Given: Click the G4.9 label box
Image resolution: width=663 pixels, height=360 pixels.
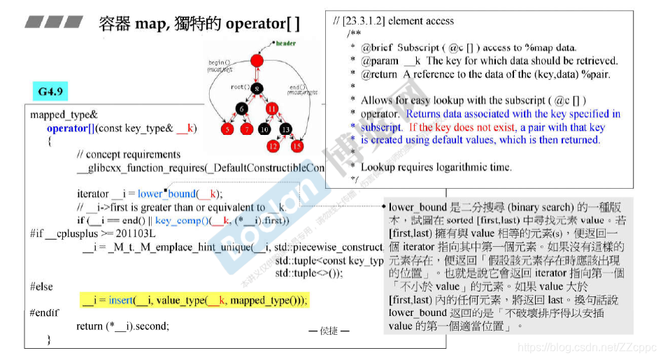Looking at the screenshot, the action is click(x=51, y=91).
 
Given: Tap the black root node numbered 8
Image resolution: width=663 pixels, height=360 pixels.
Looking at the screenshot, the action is click(x=257, y=88).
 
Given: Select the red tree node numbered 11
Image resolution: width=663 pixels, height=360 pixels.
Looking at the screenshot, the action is click(x=272, y=108).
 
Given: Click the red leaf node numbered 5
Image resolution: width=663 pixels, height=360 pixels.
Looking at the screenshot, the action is click(x=227, y=129).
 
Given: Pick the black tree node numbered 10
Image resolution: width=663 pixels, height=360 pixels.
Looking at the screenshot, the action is click(x=264, y=129).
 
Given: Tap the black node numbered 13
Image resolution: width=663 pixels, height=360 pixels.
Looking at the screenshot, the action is click(x=285, y=129).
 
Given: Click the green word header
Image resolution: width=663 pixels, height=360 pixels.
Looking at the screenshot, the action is click(x=285, y=43).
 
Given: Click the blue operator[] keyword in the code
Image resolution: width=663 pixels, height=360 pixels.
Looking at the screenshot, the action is click(x=71, y=129).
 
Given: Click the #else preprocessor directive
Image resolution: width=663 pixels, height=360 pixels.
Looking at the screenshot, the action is click(x=43, y=287).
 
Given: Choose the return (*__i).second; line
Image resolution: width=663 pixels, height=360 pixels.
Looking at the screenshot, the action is click(x=122, y=326).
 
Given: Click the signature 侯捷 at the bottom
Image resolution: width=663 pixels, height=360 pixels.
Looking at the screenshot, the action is click(x=329, y=331).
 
